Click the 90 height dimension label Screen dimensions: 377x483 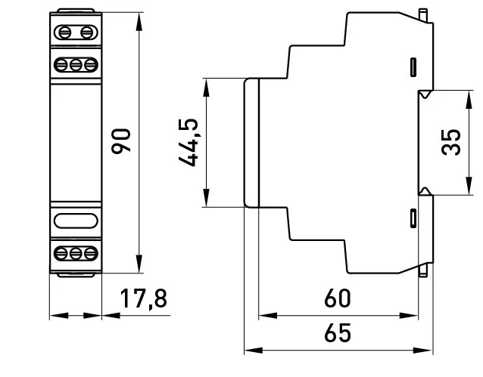click(122, 141)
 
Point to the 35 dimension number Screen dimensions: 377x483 click(451, 141)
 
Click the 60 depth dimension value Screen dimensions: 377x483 click(338, 299)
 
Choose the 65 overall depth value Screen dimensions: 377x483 click(338, 333)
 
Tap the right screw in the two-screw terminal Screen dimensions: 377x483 click(86, 32)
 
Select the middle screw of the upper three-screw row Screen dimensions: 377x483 click(76, 64)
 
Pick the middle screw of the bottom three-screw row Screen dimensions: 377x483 click(76, 252)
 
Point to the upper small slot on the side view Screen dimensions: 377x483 click(413, 66)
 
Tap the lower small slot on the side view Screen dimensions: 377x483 click(413, 218)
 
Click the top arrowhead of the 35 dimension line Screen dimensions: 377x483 click(463, 95)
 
